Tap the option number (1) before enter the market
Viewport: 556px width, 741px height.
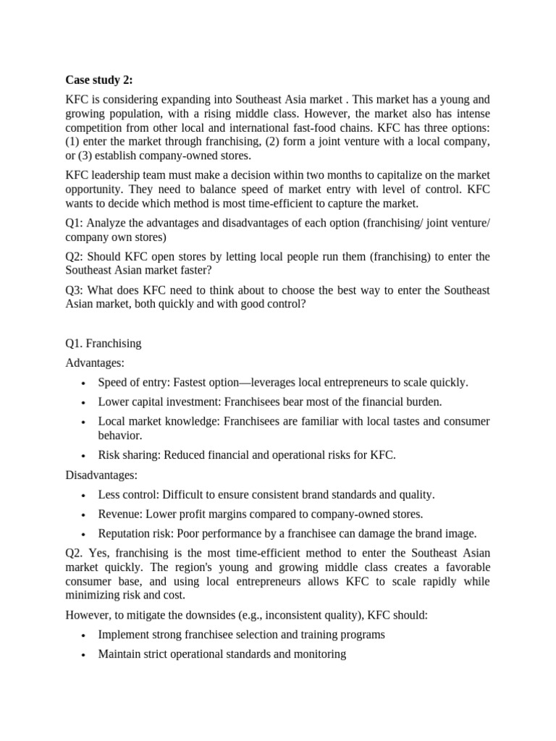pyautogui.click(x=72, y=142)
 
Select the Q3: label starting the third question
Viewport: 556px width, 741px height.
pyautogui.click(x=76, y=290)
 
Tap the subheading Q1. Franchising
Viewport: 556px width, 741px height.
pyautogui.click(x=103, y=344)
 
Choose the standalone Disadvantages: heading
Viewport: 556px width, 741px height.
pyautogui.click(x=101, y=475)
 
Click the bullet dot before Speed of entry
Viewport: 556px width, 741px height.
pyautogui.click(x=85, y=383)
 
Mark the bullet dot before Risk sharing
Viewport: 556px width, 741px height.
pyautogui.click(x=85, y=456)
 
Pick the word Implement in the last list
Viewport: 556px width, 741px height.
pyautogui.click(x=124, y=635)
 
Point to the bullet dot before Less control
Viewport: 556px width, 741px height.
pyautogui.click(x=85, y=496)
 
